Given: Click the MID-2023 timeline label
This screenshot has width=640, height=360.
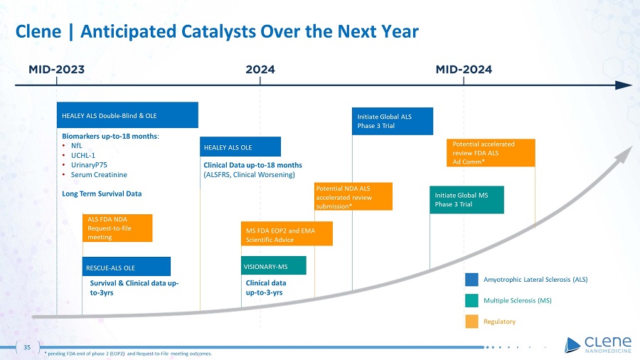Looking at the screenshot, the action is [56, 70].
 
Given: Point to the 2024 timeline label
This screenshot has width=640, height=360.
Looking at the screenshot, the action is [260, 70].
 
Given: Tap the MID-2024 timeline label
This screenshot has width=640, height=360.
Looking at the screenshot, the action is [464, 70].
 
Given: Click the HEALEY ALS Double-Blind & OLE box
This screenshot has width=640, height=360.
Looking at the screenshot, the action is [127, 115].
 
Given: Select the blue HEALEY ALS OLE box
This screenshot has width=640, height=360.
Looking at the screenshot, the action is [240, 147].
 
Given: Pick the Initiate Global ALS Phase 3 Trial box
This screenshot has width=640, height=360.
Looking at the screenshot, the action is [393, 121].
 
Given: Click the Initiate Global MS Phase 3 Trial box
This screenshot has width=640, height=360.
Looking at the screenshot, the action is [466, 200].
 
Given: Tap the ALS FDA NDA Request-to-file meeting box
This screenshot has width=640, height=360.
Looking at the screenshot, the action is [117, 228].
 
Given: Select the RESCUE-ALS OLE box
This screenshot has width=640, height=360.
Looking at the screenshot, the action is [127, 267].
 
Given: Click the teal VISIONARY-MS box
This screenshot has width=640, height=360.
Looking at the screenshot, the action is [274, 265].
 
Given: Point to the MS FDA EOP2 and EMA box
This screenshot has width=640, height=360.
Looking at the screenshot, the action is [287, 234].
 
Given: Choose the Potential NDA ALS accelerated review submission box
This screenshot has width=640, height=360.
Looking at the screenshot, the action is [353, 197].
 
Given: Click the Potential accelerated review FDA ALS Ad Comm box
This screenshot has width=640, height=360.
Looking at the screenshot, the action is [491, 153].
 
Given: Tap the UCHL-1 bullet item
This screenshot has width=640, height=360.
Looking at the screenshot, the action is [83, 156].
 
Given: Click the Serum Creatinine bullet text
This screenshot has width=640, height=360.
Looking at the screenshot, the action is [99, 175].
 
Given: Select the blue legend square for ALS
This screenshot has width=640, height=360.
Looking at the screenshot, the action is [471, 280].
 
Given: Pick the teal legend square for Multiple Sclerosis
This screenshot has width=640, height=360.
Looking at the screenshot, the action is [471, 300].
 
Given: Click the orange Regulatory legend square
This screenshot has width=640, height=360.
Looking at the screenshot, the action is [471, 322].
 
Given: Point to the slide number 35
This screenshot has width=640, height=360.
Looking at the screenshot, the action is [27, 347].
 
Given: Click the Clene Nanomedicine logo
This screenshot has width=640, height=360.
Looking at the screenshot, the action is [598, 345].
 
